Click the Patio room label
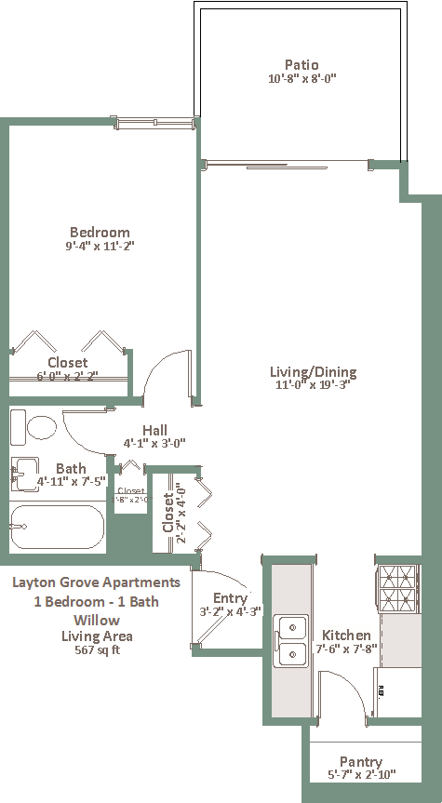pos(301,65)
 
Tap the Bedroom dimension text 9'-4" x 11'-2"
pos(100,247)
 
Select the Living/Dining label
pos(314,372)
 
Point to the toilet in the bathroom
pos(36,428)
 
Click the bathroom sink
pos(25,472)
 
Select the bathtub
pos(56,527)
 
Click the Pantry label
pos(361,761)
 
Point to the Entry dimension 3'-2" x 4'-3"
pos(230,611)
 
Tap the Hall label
pos(155,430)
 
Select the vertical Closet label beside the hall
pos(168,513)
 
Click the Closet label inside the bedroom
pos(68,362)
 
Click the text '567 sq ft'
pos(97,649)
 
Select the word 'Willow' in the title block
pos(97,619)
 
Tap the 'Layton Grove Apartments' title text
pos(97,583)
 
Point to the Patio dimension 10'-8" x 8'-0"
pos(301,79)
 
